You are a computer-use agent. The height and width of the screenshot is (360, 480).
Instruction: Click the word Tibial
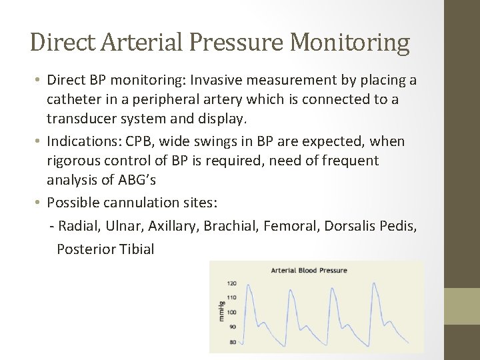[137, 249]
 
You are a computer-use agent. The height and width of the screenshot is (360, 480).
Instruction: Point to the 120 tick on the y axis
[233, 283]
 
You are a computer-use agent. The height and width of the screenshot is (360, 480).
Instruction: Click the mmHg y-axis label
[222, 311]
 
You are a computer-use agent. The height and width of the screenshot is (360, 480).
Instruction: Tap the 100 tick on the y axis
[233, 312]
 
